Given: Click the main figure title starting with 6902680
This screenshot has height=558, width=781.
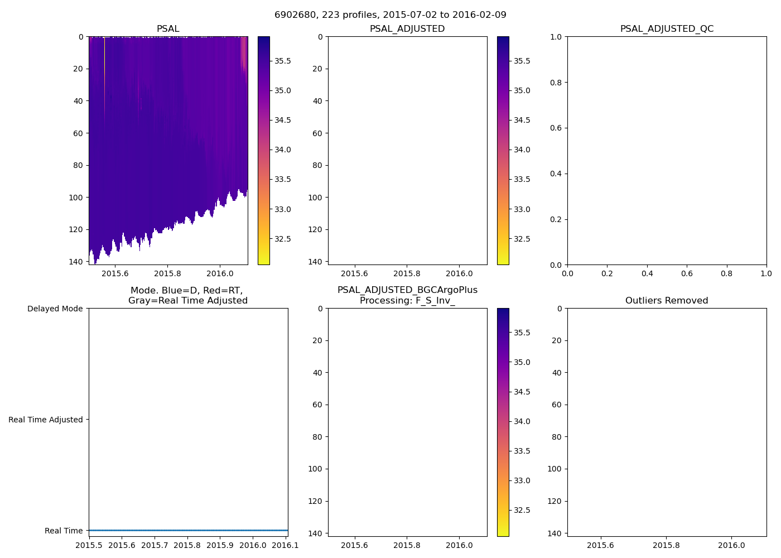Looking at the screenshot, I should pos(390,15).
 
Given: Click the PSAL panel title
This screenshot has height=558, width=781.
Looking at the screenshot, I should pos(168,29).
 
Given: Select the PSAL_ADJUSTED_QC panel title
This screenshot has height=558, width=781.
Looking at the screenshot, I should pos(667,29).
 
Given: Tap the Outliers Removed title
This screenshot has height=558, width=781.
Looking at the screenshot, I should pos(667,301).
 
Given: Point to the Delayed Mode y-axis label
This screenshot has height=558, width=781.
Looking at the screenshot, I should pos(55,309).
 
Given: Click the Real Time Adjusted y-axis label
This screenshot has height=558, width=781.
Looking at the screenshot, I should pos(45,420).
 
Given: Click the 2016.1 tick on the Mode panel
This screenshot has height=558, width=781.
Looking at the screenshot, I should pos(286,545).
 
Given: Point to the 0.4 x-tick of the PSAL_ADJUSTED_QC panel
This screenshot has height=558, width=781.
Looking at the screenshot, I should pos(647,273).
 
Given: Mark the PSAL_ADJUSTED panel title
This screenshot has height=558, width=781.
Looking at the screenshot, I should pos(407,29).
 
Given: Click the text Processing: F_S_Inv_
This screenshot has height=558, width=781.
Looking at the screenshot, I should pos(407,301).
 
